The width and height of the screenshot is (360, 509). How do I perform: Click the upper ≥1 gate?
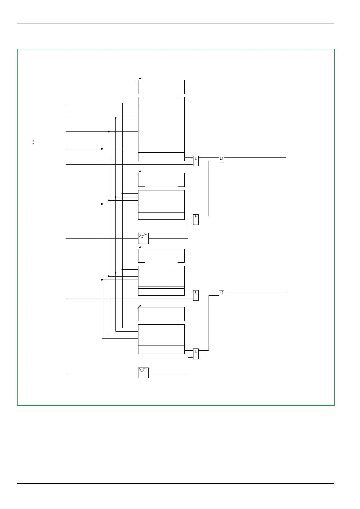pyautogui.click(x=222, y=159)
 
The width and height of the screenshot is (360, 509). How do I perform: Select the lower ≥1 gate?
pyautogui.click(x=222, y=293)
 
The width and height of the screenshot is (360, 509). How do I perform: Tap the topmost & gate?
pyautogui.click(x=196, y=161)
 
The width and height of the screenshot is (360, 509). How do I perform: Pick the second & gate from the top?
pyautogui.click(x=196, y=219)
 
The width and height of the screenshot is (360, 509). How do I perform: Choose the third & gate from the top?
pyautogui.click(x=196, y=295)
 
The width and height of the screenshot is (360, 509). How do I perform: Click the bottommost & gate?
pyautogui.click(x=196, y=354)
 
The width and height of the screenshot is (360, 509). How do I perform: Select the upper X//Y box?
pyautogui.click(x=143, y=238)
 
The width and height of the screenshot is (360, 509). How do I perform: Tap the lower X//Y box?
pyautogui.click(x=143, y=373)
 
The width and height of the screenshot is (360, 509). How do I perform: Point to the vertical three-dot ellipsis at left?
pyautogui.click(x=33, y=142)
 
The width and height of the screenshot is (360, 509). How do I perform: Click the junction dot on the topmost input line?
pyautogui.click(x=122, y=104)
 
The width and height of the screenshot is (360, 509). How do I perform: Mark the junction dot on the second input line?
pyautogui.click(x=116, y=118)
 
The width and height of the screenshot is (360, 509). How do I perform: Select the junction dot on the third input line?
pyautogui.click(x=109, y=131)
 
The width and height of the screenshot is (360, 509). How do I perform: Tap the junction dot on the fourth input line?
pyautogui.click(x=102, y=149)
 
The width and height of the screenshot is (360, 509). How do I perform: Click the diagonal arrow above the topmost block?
pyautogui.click(x=139, y=79)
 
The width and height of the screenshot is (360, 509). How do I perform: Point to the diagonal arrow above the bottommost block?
pyautogui.click(x=139, y=307)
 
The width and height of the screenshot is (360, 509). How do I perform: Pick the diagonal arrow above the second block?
pyautogui.click(x=139, y=173)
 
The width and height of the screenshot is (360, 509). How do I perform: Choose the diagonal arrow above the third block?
pyautogui.click(x=139, y=248)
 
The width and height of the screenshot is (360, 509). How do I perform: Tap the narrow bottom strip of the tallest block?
pyautogui.click(x=161, y=157)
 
